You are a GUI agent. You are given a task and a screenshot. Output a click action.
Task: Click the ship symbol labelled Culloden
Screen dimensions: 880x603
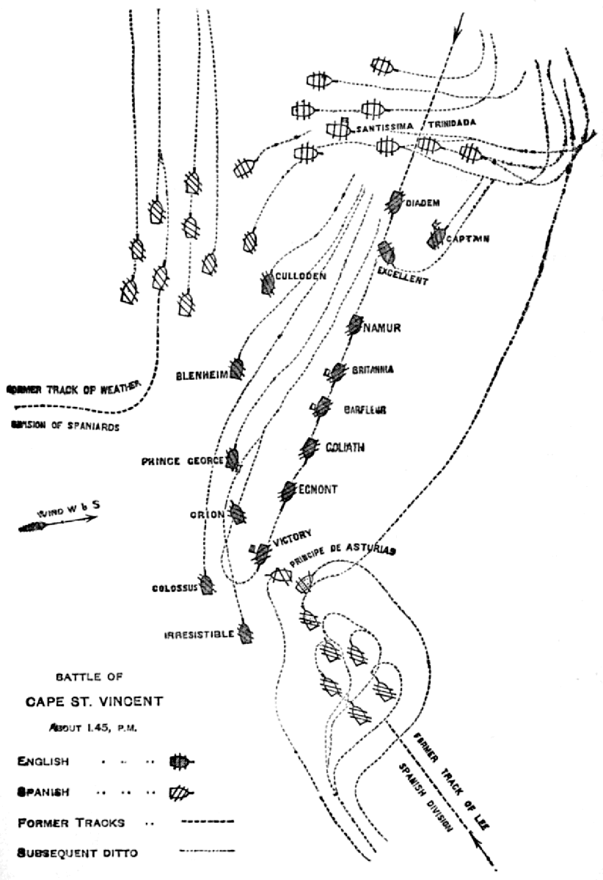266,284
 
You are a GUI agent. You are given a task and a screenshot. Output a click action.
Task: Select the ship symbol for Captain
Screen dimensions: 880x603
436,236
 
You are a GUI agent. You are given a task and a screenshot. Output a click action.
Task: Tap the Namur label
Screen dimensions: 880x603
382,327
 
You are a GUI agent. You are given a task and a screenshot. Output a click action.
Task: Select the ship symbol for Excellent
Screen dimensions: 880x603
387,253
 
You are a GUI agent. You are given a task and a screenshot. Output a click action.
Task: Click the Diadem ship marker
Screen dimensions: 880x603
396,200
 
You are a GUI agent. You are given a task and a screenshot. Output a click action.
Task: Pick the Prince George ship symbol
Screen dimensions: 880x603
234,459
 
